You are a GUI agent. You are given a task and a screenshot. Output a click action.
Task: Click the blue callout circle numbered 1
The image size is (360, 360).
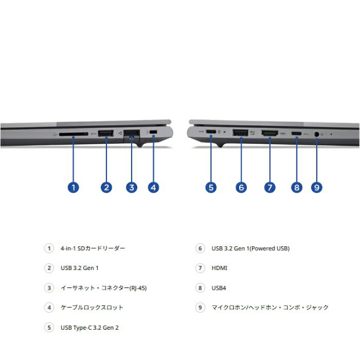73,187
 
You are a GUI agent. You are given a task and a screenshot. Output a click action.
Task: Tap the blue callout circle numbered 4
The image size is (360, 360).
154,187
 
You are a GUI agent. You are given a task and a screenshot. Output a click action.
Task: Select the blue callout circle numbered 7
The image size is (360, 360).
270,187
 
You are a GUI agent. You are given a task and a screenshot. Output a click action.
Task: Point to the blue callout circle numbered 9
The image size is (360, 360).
317,187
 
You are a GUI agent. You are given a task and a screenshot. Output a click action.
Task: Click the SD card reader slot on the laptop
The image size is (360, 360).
74,134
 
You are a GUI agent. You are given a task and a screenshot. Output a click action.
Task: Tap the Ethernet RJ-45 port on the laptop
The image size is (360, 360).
132,134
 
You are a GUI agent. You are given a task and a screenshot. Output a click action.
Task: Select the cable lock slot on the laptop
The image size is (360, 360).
153,132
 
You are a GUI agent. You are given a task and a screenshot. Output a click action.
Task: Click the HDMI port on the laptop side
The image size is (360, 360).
270,133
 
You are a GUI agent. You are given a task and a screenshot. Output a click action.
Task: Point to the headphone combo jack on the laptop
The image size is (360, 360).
316,134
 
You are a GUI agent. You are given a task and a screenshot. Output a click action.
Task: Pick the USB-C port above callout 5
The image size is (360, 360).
211,132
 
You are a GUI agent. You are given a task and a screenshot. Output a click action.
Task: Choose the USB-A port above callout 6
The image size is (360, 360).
240,133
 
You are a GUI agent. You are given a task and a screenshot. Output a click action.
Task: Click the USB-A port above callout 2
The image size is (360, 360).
106,133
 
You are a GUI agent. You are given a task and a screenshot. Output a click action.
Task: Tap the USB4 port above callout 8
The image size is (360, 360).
296,133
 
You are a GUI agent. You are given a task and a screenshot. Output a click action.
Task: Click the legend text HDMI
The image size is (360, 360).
219,268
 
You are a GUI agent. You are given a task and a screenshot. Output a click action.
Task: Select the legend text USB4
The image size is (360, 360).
219,288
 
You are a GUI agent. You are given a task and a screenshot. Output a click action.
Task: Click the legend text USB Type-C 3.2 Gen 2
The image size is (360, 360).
89,327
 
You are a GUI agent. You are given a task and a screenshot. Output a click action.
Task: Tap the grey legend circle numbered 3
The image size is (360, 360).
49,288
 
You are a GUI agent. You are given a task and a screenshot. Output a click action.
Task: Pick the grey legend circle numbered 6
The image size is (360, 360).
200,248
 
